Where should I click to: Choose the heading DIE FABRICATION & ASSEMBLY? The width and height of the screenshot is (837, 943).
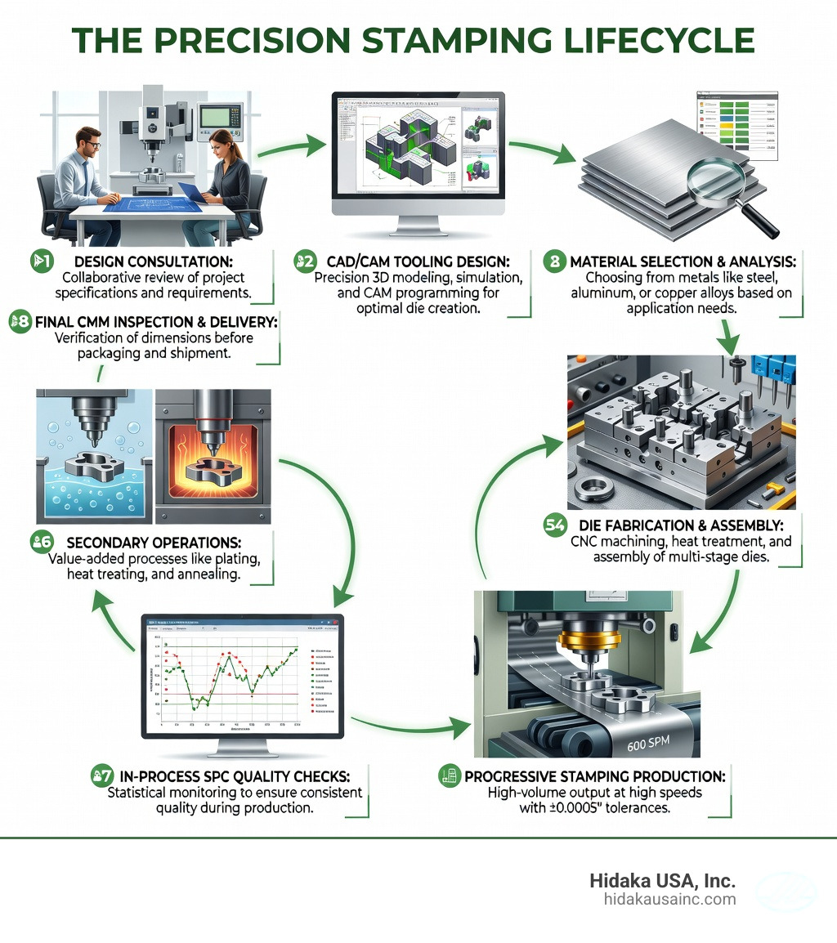click(686, 525)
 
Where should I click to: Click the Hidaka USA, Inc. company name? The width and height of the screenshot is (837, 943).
click(662, 881)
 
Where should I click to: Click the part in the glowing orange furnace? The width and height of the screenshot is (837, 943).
click(214, 472)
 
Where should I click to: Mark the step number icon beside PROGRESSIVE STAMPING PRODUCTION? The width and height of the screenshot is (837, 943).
click(447, 775)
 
